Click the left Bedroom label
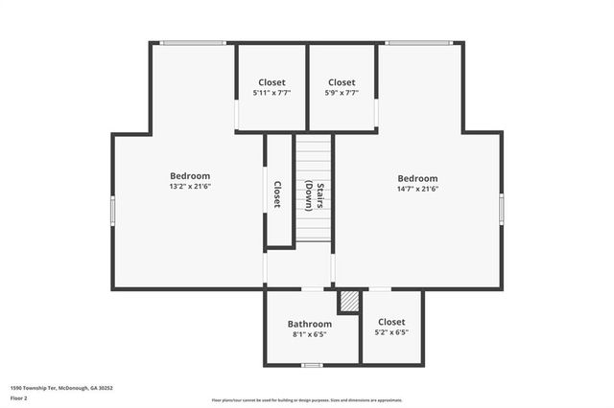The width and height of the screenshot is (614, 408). point(190,175)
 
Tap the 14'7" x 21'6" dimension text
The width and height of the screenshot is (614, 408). point(417,189)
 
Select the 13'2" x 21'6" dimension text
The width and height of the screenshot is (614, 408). point(190,187)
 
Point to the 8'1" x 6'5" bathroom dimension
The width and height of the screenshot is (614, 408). point(311,335)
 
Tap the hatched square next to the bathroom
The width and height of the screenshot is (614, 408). point(348,302)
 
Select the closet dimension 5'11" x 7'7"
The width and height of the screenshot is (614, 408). point(272,93)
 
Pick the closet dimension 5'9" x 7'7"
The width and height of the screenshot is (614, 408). point(342,93)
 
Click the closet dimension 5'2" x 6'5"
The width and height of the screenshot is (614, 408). point(391,332)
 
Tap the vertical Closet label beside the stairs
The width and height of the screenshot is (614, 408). point(277,194)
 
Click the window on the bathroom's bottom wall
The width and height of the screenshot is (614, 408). point(311,365)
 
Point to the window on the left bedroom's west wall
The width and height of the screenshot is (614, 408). point(112,210)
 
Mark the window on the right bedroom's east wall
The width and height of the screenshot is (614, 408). point(501,209)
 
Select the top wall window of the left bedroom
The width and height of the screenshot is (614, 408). point(193,42)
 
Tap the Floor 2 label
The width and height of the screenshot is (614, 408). point(19,397)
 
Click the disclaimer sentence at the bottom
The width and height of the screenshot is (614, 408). point(306,400)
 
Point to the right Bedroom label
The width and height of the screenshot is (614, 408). point(417,178)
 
